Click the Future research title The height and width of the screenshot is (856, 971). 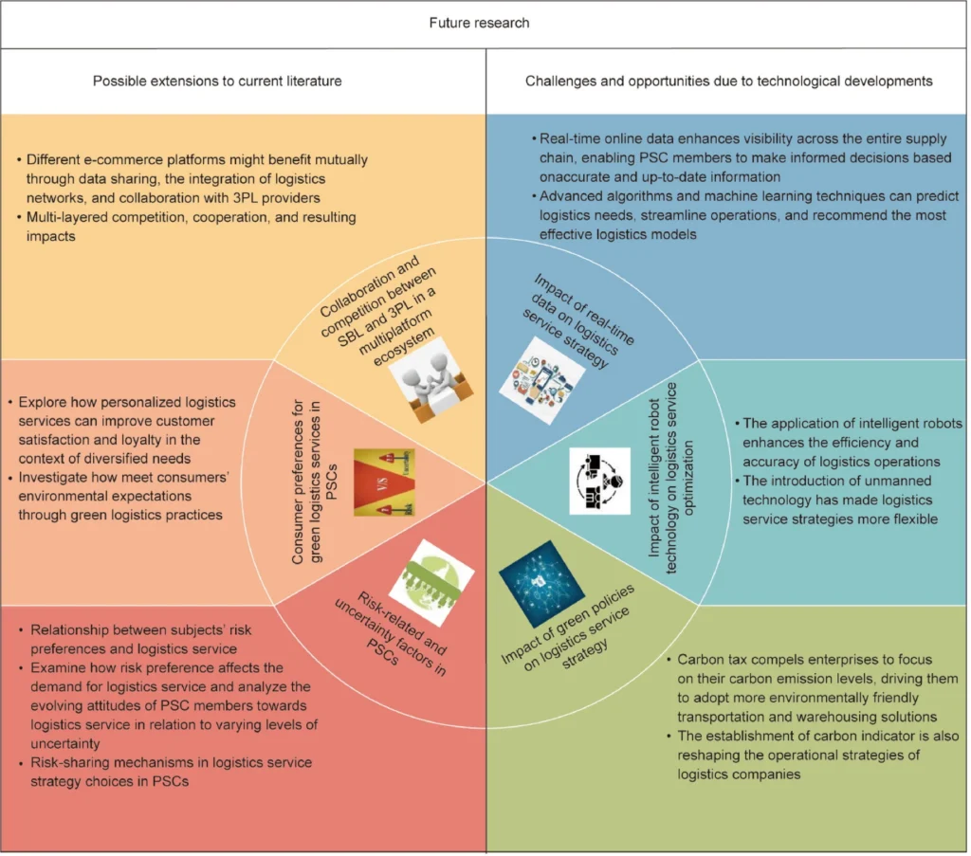tap(485, 23)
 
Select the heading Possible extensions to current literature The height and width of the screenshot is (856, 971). tap(217, 81)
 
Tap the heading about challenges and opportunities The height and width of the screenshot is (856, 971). tap(728, 81)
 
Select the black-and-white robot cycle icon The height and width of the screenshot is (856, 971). tap(599, 481)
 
